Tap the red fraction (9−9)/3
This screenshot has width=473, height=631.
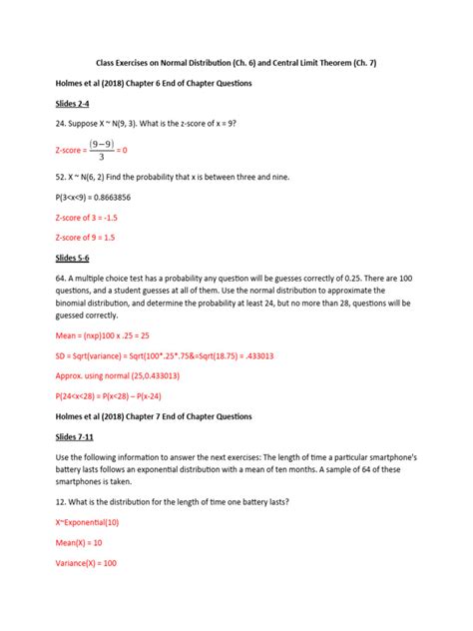101,149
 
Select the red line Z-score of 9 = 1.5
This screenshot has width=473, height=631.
90,238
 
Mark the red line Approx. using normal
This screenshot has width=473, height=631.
117,375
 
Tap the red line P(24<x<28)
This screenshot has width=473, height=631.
117,395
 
